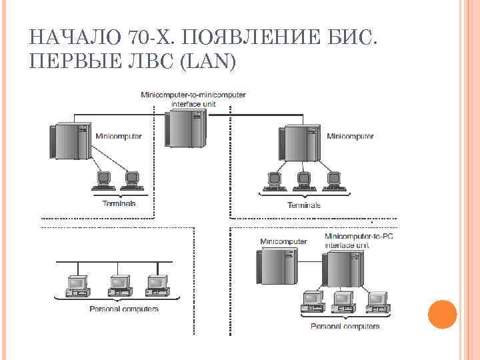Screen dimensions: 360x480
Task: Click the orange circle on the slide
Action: (x=441, y=314)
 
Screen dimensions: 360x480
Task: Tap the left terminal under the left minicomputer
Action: (x=103, y=179)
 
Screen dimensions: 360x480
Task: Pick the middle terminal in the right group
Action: (x=303, y=180)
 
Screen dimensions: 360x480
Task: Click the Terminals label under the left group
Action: (x=119, y=203)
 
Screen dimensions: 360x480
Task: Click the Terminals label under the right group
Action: (x=303, y=205)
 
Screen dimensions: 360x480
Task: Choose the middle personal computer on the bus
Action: (x=118, y=286)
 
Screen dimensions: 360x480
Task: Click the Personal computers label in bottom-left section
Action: (x=124, y=309)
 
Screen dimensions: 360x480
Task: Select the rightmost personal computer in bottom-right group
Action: (x=377, y=301)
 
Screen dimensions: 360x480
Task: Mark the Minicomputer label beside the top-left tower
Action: (x=119, y=136)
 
